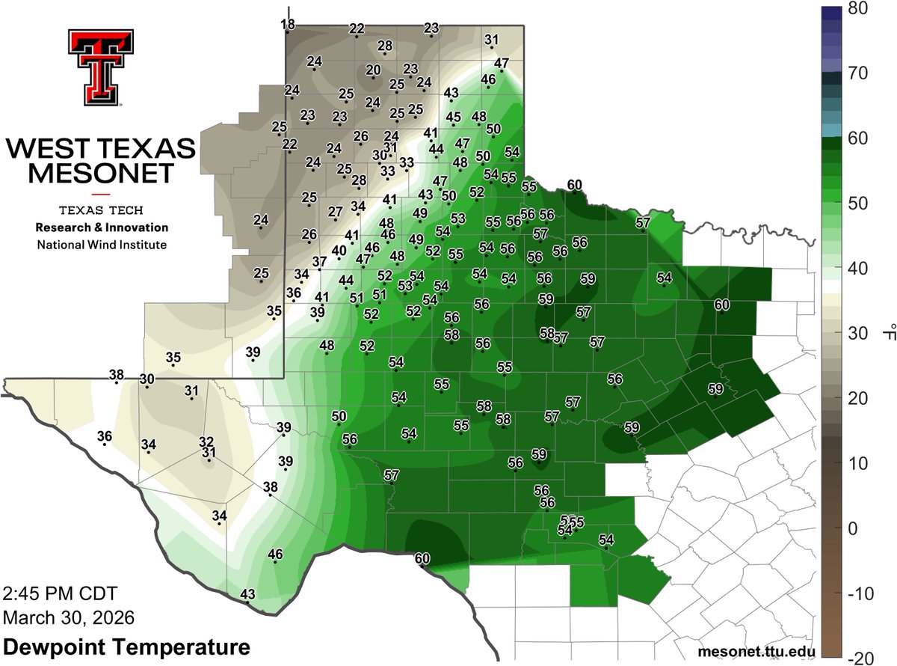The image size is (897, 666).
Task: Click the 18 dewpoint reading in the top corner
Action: tap(288, 25)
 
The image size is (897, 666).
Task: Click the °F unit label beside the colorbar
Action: tap(887, 333)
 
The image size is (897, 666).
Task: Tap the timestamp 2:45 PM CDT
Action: tap(61, 595)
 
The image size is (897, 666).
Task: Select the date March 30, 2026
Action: tap(69, 618)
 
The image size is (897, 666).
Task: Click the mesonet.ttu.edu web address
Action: tap(755, 652)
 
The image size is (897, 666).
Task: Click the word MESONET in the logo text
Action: tap(101, 174)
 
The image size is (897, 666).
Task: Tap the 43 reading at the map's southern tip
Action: tap(247, 594)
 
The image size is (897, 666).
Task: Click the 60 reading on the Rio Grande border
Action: tap(422, 557)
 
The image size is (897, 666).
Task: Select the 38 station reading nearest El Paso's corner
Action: tap(117, 375)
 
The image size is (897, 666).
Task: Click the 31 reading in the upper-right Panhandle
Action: tap(491, 40)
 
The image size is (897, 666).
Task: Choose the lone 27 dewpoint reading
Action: tap(335, 211)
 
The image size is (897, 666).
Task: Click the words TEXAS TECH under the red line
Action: tap(101, 210)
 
